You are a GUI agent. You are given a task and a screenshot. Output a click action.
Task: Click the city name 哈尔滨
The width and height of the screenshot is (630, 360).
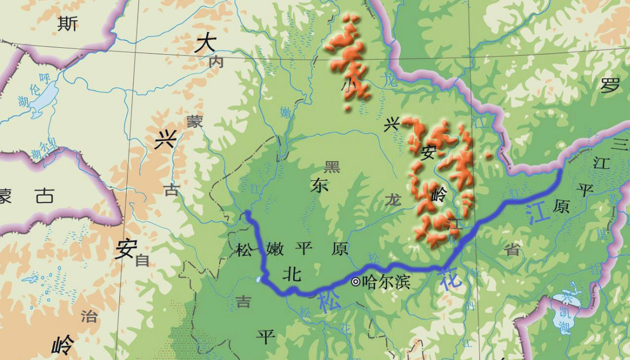(x=386, y=282)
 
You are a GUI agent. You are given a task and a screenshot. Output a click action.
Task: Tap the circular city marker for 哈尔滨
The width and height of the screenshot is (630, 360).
(x=356, y=282)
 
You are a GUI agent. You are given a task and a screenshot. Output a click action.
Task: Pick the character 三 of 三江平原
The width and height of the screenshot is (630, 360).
(x=620, y=144)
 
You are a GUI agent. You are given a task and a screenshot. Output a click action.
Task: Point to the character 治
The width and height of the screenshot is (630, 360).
(x=89, y=316)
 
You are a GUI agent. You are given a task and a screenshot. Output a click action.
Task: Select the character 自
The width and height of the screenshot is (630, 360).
(x=142, y=260)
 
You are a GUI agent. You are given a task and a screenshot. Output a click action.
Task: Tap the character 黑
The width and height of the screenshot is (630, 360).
(x=332, y=166)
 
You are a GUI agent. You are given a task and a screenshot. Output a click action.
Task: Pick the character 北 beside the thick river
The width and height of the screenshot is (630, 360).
(x=292, y=273)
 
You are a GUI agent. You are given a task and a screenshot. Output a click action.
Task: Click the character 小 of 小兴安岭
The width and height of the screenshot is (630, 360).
(x=349, y=86)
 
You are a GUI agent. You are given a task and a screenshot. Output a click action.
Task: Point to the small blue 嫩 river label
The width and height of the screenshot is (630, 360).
(x=286, y=112)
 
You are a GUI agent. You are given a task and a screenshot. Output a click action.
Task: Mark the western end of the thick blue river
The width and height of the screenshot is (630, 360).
(x=247, y=214)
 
